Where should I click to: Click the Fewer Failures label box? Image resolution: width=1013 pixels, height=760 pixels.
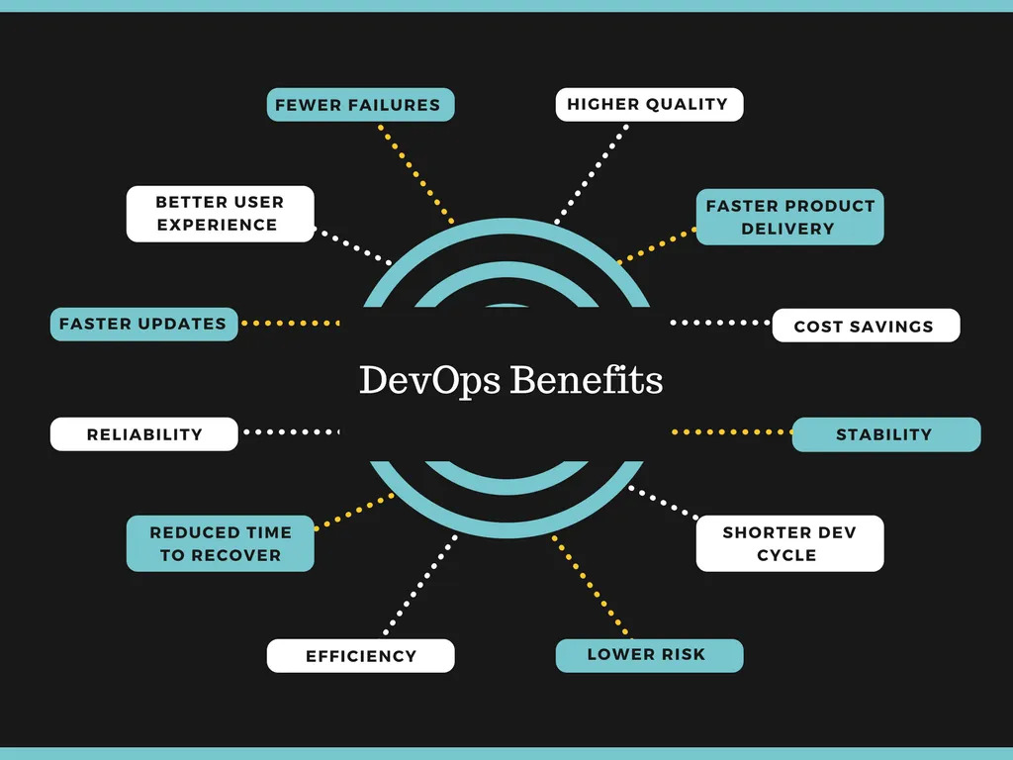click(x=360, y=105)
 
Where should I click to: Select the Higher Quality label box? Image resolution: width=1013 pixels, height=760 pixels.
click(x=648, y=104)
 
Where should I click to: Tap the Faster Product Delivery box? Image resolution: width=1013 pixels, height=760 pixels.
click(x=789, y=217)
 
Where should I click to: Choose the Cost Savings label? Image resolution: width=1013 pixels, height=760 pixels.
click(x=865, y=326)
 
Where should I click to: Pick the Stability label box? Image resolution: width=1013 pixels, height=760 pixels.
click(x=885, y=434)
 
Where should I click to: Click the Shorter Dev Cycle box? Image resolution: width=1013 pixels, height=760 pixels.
click(x=788, y=543)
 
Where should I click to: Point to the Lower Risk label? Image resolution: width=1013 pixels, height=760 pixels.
click(x=648, y=655)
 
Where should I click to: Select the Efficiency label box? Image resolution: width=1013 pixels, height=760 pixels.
click(x=360, y=655)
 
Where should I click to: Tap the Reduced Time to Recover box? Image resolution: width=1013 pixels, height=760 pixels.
click(x=220, y=543)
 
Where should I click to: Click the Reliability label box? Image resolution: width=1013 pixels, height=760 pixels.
click(x=144, y=434)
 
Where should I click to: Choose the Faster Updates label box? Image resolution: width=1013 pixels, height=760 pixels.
click(x=143, y=324)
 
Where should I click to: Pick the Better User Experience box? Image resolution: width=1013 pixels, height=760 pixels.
click(x=220, y=214)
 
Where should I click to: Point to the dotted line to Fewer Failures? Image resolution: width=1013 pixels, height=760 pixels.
click(x=415, y=174)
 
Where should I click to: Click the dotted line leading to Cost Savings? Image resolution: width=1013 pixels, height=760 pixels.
click(x=720, y=323)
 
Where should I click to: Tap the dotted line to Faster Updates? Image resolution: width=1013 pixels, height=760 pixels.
click(x=291, y=323)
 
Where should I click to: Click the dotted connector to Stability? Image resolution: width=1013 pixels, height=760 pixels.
click(x=732, y=432)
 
